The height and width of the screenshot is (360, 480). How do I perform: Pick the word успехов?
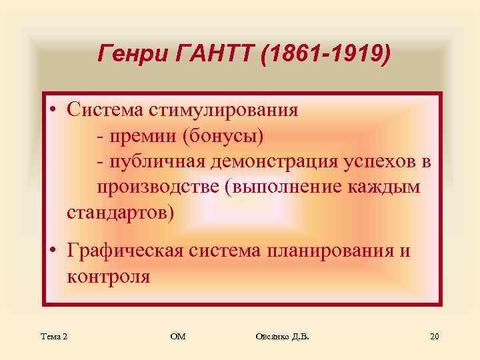click(381, 161)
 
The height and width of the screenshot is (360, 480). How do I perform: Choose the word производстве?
click(159, 187)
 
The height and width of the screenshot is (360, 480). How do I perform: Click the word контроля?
click(108, 277)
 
